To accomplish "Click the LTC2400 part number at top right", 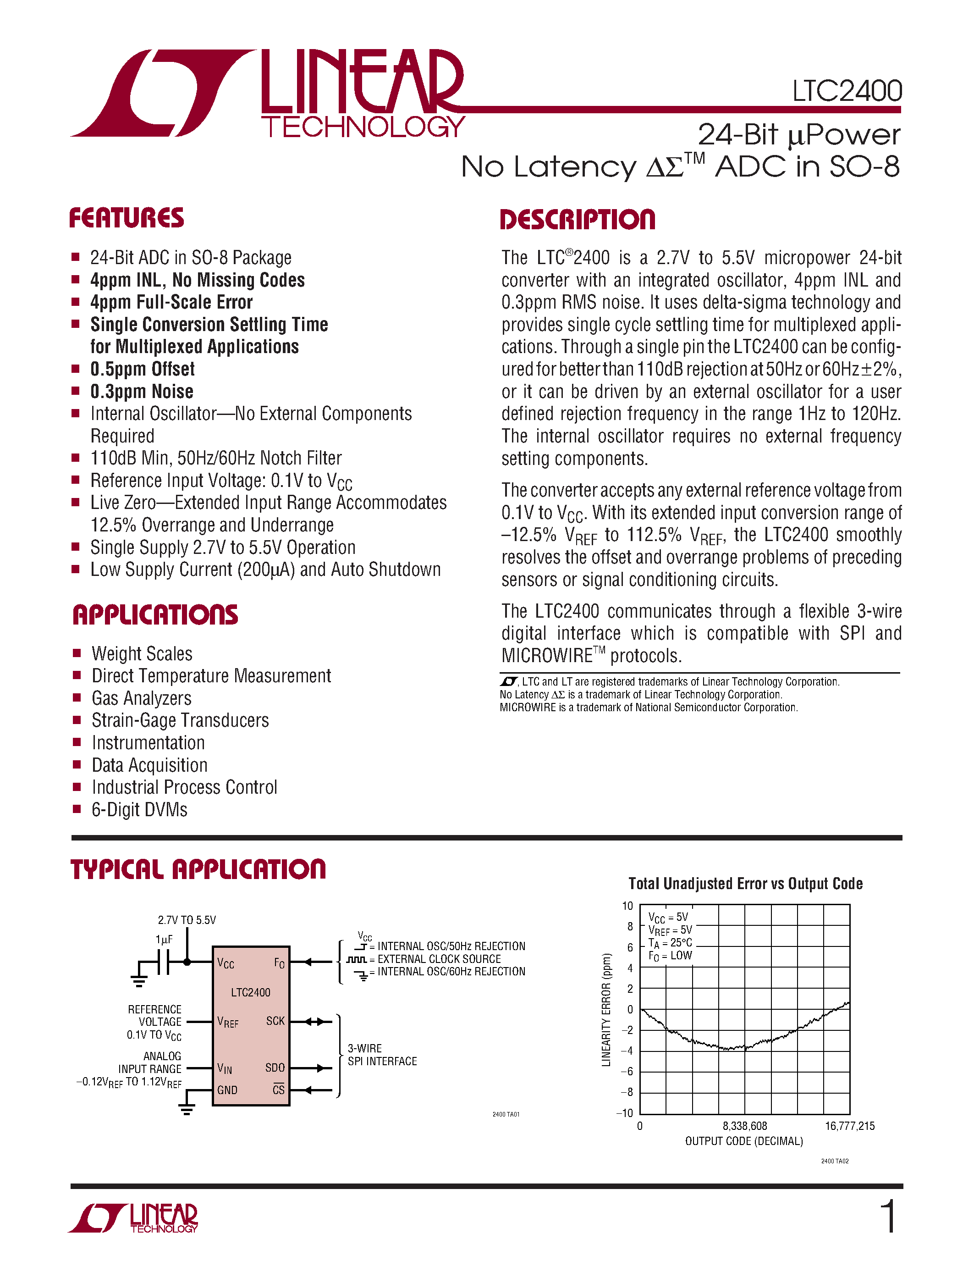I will click(x=847, y=91).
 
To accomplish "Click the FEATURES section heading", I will click(x=127, y=218).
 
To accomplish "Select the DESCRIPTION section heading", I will click(x=577, y=220).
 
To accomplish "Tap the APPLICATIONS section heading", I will click(x=155, y=615).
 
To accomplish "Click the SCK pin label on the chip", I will click(x=275, y=1021).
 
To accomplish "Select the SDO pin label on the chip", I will click(x=275, y=1067).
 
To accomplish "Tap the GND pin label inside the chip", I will click(x=227, y=1090).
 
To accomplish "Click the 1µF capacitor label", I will click(x=164, y=940).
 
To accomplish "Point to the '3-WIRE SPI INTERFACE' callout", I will click(x=382, y=1055).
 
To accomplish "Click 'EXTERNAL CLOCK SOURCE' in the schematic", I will click(x=439, y=959).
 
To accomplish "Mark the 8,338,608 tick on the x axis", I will click(x=744, y=1126).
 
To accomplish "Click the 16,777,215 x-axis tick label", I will click(x=849, y=1126).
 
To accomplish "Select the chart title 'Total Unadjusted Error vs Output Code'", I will click(x=745, y=884).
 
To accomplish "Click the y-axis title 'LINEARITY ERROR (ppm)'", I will click(x=606, y=1010).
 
